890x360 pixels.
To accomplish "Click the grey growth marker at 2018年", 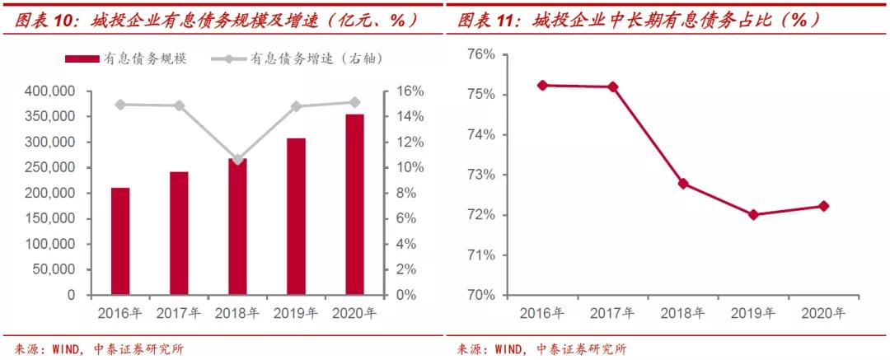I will [238, 159].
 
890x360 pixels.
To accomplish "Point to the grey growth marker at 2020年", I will [354, 102].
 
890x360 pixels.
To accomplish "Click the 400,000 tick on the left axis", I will [52, 91].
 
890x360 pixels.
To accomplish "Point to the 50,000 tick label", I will [55, 269].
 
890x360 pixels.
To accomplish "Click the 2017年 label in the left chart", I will [179, 313].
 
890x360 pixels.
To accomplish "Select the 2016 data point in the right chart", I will [542, 85].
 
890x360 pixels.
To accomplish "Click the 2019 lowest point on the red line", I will [753, 214].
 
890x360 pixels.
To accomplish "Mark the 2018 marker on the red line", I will [683, 183].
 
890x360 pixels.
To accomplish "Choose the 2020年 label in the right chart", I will [822, 313].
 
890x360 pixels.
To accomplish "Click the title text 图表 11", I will [485, 18].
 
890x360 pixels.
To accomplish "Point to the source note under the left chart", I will [100, 348].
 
